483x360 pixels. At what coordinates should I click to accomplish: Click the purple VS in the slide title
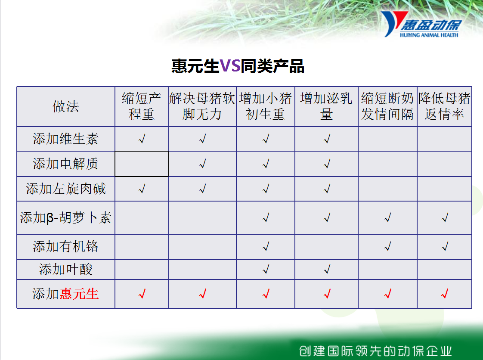tap(230, 65)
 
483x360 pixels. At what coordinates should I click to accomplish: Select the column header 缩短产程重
tap(141, 106)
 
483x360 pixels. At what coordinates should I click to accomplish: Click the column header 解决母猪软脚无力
tap(202, 106)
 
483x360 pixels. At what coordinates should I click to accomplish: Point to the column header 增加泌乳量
tap(326, 106)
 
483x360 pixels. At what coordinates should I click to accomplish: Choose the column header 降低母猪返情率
tap(444, 106)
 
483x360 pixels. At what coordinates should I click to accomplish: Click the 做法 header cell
tap(65, 106)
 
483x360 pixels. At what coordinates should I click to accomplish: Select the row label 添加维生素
tap(65, 139)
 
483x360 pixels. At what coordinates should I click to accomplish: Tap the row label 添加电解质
tap(65, 164)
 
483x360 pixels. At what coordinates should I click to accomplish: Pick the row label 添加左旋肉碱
tap(65, 189)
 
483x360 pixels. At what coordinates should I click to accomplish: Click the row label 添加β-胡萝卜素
tap(65, 217)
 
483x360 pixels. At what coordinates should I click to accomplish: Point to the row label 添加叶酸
tap(65, 270)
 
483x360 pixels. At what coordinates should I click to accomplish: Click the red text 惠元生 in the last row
tap(79, 294)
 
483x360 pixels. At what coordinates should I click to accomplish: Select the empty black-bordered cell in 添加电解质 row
tap(142, 164)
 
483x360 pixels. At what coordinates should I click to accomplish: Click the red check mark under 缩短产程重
tap(142, 294)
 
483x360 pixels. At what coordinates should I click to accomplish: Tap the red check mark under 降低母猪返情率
tap(445, 294)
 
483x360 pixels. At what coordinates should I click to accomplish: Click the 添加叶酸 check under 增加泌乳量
tap(327, 270)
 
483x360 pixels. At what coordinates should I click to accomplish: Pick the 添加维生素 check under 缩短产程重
tap(142, 139)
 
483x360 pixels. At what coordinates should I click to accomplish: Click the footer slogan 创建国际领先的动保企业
tap(375, 351)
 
